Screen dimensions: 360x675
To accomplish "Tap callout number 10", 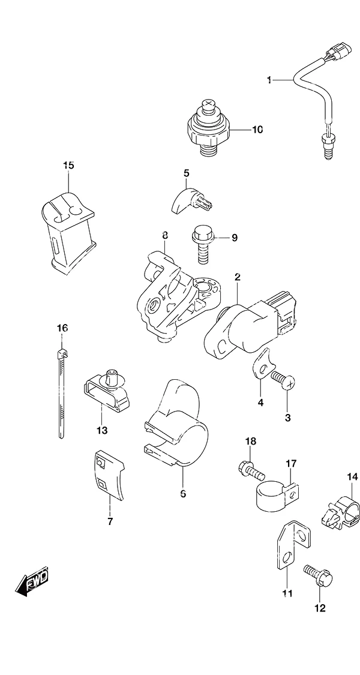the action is pos(257,130).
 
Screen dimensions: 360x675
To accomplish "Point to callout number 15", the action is pos(68,166).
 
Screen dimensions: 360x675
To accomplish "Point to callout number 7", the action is pos(110,522).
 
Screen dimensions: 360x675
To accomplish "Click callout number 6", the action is pos(183,494).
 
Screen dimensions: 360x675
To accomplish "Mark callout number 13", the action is pos(102,430).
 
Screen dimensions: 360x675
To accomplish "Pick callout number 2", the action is pos(237,277).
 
